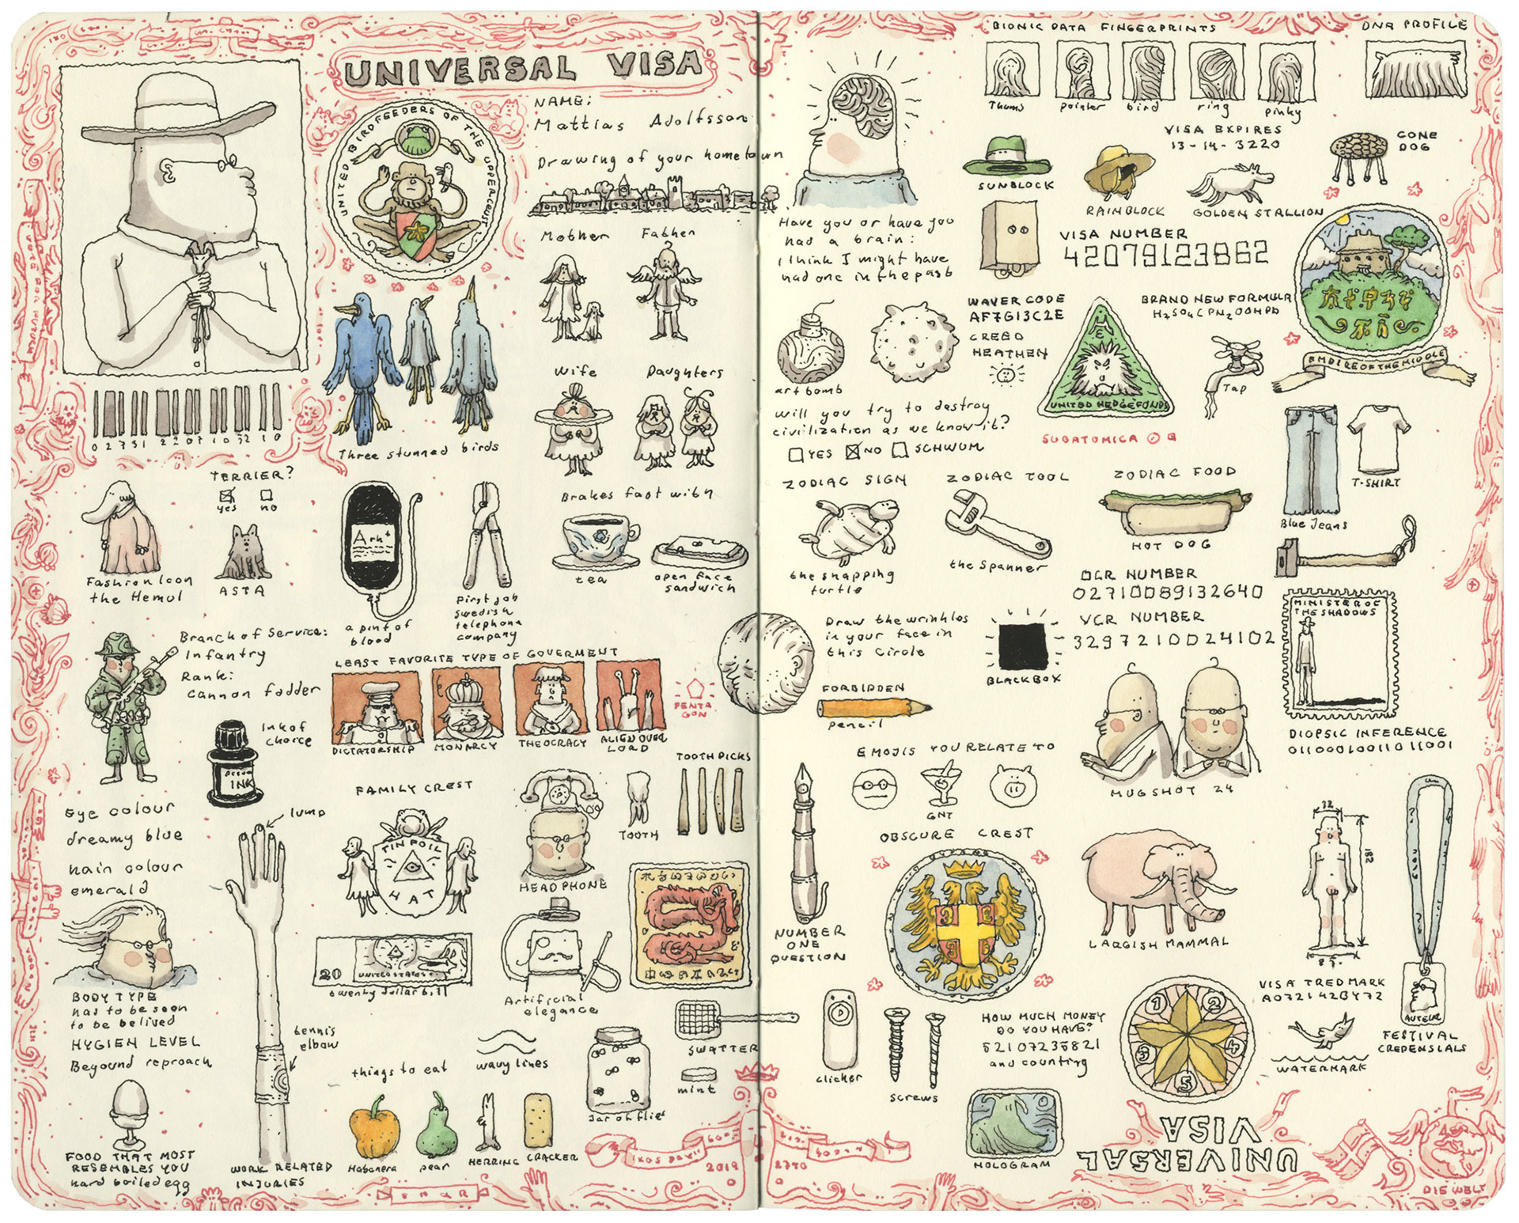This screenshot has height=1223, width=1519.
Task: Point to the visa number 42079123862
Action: [1165, 256]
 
